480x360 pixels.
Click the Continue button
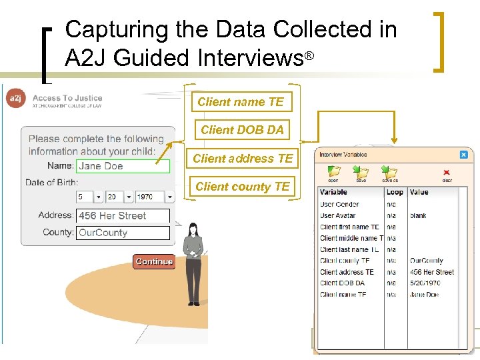154,261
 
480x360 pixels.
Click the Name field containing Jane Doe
123,166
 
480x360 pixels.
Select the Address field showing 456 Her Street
123,216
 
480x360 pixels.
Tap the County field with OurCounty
123,233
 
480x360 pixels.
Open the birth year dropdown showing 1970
154,197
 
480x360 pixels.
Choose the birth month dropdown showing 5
89,197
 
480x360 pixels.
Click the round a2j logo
15,99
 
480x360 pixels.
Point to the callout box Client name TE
241,102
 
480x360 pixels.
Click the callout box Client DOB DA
242,130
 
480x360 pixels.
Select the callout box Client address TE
243,159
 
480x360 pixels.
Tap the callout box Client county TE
243,187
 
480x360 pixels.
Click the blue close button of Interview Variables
464,155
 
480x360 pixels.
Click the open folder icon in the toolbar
333,172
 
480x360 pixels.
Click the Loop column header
395,192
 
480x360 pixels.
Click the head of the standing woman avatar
194,229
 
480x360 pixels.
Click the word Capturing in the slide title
107,29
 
